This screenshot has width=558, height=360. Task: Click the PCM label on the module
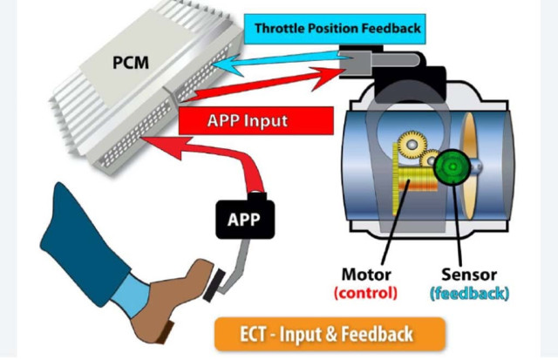click(x=131, y=63)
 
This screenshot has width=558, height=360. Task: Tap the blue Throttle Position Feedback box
click(x=335, y=29)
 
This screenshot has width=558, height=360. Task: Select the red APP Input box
click(x=255, y=120)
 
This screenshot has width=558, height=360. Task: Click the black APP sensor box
click(x=245, y=219)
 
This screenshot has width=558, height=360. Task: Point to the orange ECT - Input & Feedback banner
click(x=330, y=335)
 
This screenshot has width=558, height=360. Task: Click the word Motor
click(x=366, y=275)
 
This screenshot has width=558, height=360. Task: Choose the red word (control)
click(x=365, y=293)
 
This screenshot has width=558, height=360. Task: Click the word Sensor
click(x=469, y=275)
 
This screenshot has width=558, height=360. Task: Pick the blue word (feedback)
click(x=470, y=294)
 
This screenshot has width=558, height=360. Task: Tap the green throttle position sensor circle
click(x=453, y=166)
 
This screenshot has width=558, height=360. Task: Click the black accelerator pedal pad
click(x=214, y=285)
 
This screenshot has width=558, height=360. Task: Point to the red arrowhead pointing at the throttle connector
click(x=328, y=78)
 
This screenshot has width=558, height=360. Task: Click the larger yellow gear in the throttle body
click(x=412, y=145)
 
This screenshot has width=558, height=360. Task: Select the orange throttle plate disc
click(x=469, y=166)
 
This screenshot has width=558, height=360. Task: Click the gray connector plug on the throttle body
click(x=355, y=60)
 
